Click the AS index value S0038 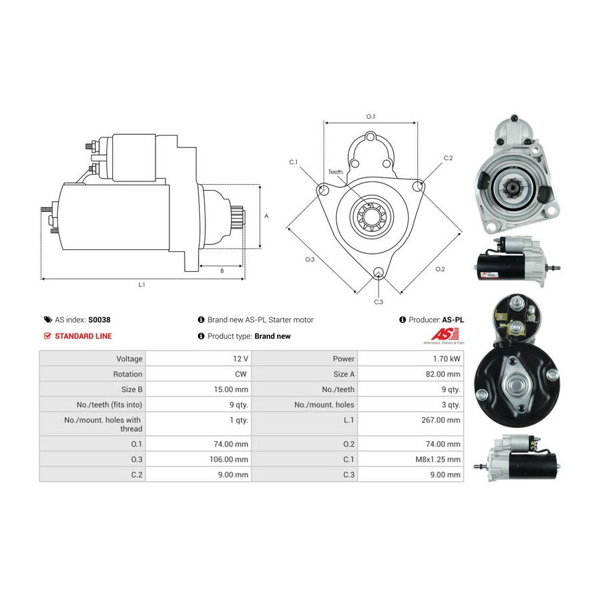(x=99, y=320)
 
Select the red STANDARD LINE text (x=83, y=336)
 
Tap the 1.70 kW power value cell (x=447, y=359)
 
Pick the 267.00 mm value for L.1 (x=441, y=420)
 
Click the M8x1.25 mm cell (x=438, y=459)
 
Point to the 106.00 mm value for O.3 (x=229, y=459)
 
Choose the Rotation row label (x=128, y=374)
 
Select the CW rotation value (x=241, y=374)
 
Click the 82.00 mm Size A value (x=443, y=374)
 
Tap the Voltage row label (x=130, y=359)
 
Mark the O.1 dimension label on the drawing (x=371, y=116)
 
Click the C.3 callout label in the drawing (x=378, y=302)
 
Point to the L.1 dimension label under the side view (x=142, y=284)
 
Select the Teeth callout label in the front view (x=336, y=172)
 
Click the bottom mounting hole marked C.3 (x=378, y=272)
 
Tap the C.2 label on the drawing (x=448, y=158)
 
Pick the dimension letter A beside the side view (x=266, y=216)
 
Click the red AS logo (x=445, y=334)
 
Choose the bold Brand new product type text (x=272, y=336)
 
